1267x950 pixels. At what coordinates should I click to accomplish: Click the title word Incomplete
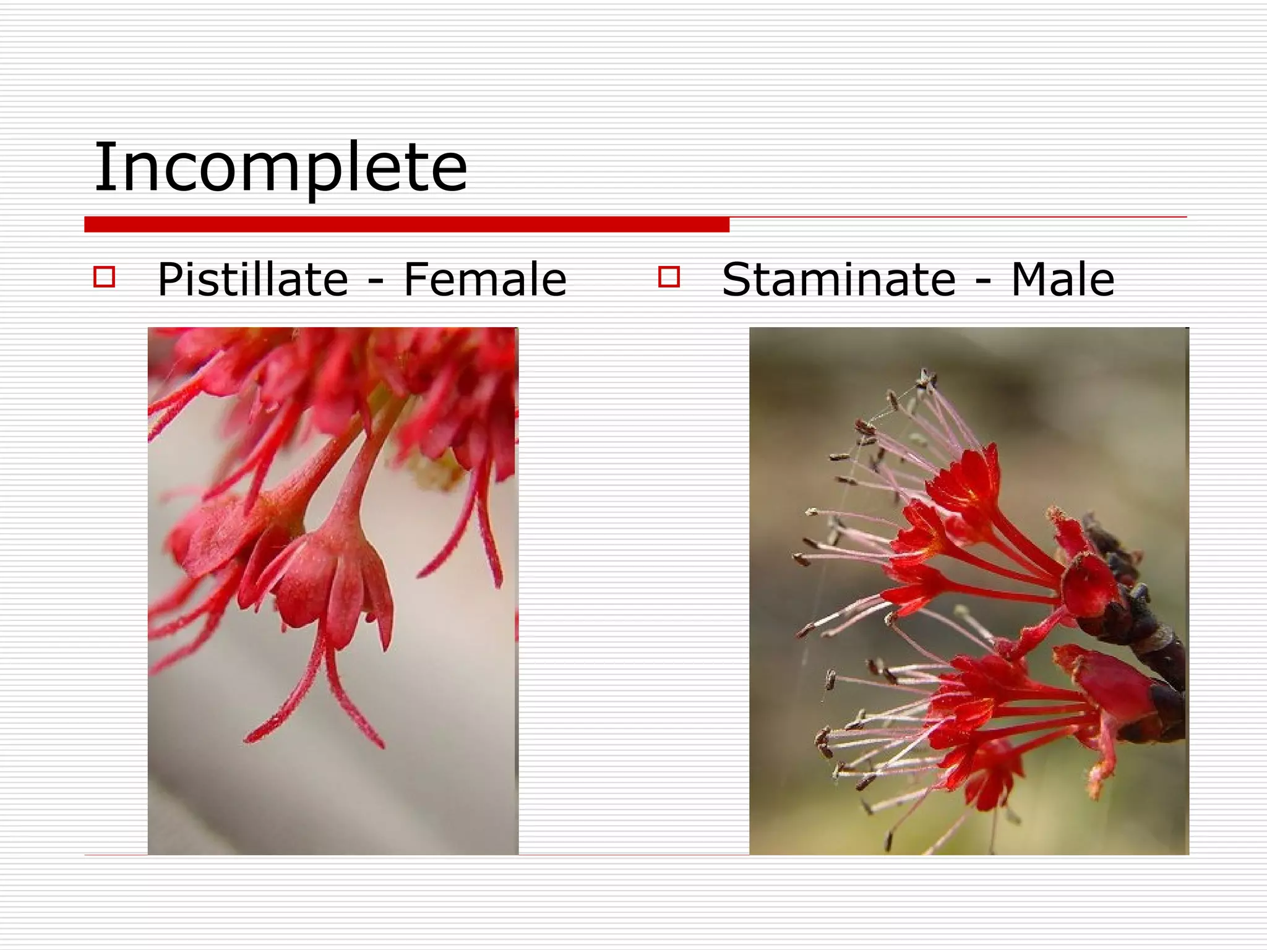coord(280,167)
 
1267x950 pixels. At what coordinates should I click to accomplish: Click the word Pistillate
coord(253,280)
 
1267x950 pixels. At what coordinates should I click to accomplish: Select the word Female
coord(485,280)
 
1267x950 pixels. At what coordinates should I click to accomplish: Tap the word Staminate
coord(839,280)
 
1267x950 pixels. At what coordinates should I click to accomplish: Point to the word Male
coord(1062,280)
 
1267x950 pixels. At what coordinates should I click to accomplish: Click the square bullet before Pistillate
coord(104,276)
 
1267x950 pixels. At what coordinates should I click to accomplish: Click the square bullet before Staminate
coord(669,276)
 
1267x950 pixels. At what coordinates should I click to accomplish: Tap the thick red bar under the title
coord(406,225)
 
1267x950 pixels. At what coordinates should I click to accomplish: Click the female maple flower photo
coord(333,591)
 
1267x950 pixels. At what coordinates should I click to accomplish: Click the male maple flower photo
coord(968,591)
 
